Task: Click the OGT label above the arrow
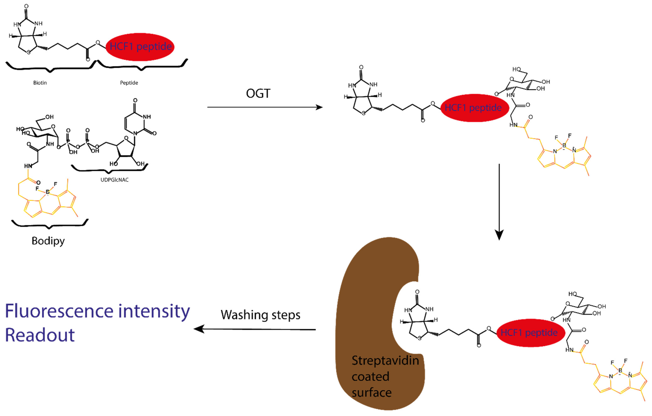tap(258, 94)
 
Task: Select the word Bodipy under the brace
tap(48, 241)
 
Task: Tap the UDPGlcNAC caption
tap(115, 180)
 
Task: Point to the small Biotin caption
tap(40, 83)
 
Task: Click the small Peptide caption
tap(129, 83)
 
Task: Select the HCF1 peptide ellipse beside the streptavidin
tap(531, 333)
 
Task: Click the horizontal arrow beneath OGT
tap(265, 107)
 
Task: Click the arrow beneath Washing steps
tap(255, 329)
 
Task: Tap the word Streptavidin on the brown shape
tap(385, 360)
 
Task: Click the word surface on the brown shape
tap(371, 392)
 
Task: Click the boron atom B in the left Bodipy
tap(48, 192)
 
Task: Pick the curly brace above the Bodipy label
tap(50, 224)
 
